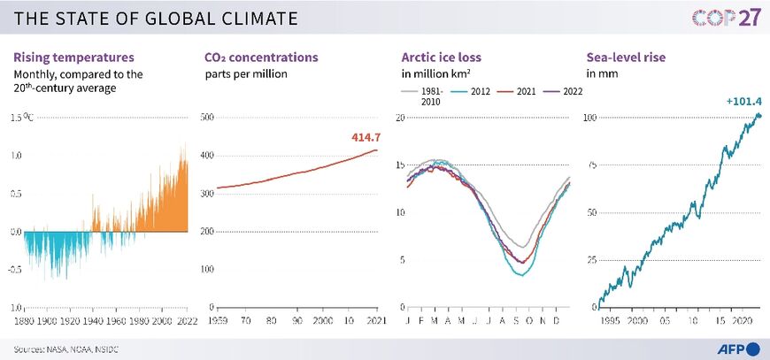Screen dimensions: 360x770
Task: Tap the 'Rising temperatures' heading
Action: point(74,57)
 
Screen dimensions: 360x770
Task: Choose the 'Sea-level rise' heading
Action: point(625,57)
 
